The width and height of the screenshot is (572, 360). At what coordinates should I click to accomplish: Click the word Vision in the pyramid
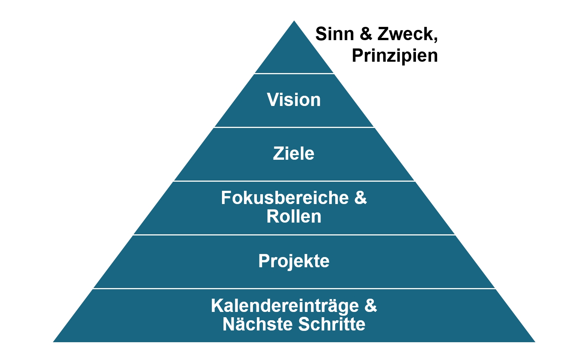click(x=294, y=100)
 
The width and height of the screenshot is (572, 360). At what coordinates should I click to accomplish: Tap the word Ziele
click(x=294, y=154)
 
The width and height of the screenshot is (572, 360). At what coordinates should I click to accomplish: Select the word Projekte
click(x=294, y=261)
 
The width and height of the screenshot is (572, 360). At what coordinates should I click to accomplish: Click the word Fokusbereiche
click(x=284, y=198)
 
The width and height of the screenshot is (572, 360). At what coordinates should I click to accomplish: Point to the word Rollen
click(x=294, y=217)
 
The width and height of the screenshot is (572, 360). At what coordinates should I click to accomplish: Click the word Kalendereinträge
click(x=284, y=306)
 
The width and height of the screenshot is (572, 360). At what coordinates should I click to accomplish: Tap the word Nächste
click(x=258, y=324)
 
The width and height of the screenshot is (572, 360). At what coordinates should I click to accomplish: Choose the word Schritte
click(x=332, y=324)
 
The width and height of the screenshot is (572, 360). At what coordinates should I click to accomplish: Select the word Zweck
click(x=405, y=34)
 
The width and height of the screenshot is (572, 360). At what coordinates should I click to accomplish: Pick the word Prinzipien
click(x=395, y=56)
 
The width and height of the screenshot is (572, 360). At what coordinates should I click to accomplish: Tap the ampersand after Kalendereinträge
click(x=370, y=306)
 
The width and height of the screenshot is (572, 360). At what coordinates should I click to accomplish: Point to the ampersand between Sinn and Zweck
click(x=366, y=34)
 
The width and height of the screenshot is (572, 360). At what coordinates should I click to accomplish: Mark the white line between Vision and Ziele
click(x=294, y=127)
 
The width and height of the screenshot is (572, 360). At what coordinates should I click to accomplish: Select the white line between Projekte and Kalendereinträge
click(x=294, y=288)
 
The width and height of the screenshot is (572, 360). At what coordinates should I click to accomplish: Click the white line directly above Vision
click(x=294, y=73)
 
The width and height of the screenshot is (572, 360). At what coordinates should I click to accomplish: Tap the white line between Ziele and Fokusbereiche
click(x=294, y=181)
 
